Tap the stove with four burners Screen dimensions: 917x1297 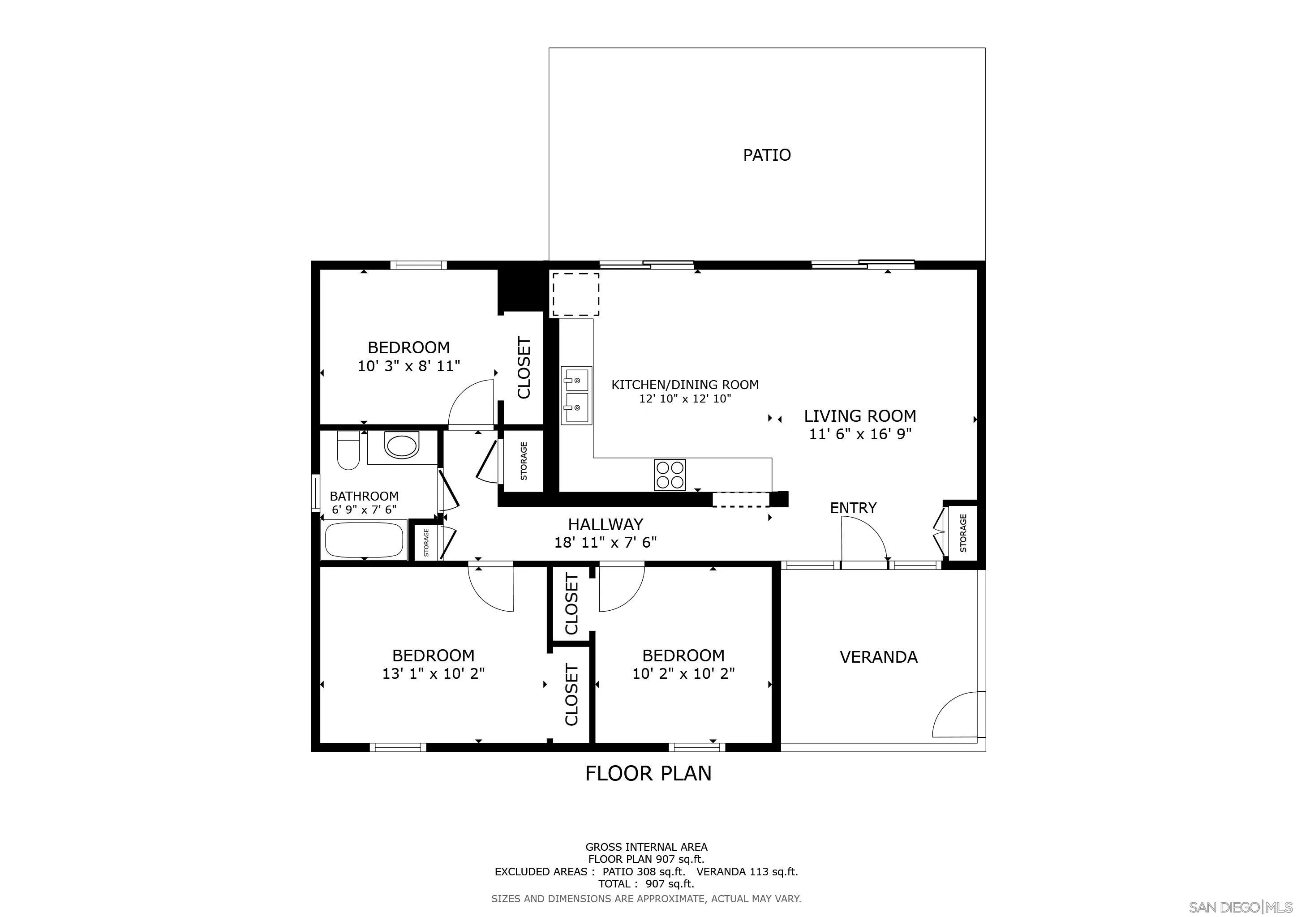(670, 475)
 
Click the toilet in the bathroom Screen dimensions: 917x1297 (348, 450)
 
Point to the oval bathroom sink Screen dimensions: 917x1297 (402, 445)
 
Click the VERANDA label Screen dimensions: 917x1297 (878, 657)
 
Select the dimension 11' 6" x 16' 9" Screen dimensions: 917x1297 (860, 434)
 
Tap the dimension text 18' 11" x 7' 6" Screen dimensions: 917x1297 (605, 543)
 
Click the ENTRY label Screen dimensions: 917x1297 (853, 508)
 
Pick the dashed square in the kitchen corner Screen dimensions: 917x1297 (575, 294)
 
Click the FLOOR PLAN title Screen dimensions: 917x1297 (648, 773)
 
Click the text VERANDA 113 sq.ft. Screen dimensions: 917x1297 (747, 871)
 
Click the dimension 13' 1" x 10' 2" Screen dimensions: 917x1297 (433, 673)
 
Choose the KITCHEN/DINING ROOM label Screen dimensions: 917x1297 (685, 385)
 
